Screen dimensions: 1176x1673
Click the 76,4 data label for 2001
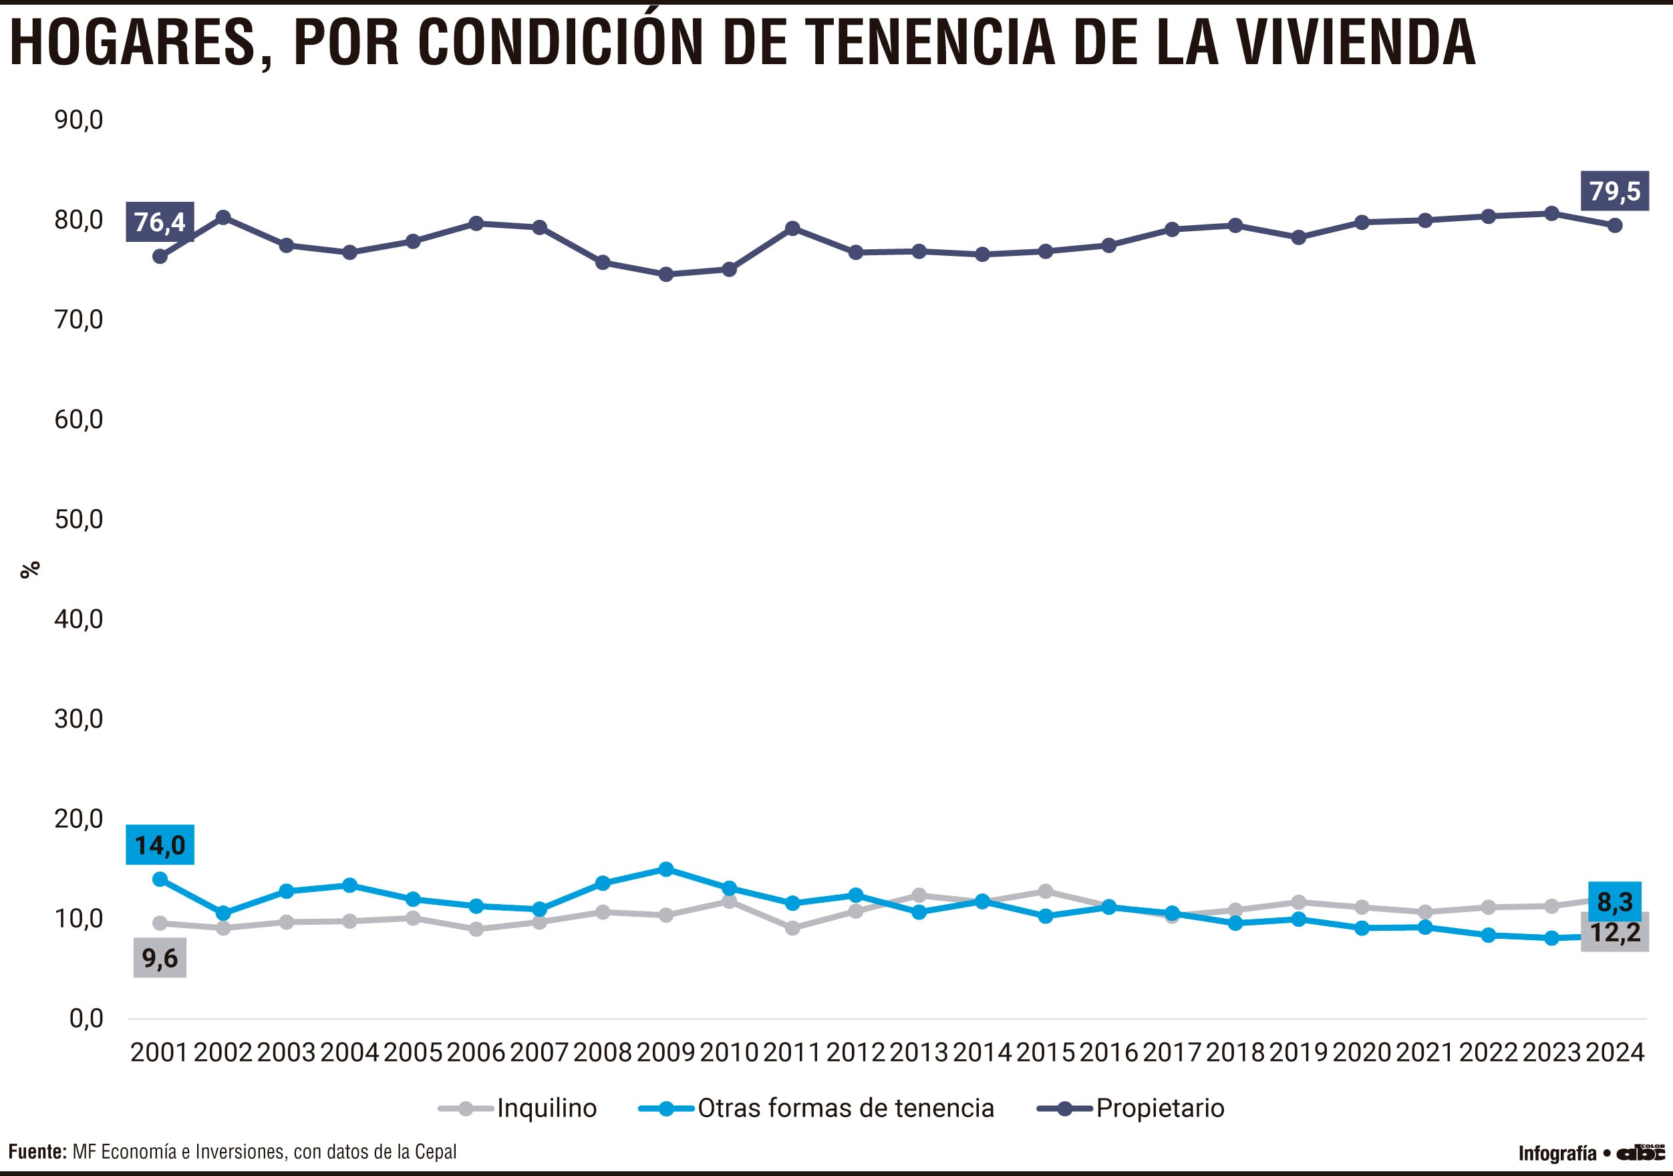pos(160,221)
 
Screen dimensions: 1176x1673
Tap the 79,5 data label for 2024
pos(1614,191)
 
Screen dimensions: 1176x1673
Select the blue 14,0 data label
pos(160,845)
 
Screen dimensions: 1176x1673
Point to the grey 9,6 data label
pos(160,958)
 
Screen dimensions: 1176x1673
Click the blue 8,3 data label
pos(1614,902)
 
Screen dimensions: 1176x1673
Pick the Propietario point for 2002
pos(223,217)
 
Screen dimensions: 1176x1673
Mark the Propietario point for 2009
pos(665,275)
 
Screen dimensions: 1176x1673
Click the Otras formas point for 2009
pos(665,869)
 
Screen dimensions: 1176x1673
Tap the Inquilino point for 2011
pos(792,928)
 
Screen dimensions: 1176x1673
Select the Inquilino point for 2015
pos(1045,891)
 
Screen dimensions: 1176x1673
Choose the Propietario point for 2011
pos(792,229)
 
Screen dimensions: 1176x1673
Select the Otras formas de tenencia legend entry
pos(816,1109)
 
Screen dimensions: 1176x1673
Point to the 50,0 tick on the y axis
pos(79,519)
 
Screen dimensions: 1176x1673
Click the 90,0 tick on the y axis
pos(79,120)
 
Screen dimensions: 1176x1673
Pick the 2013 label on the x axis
pos(918,1053)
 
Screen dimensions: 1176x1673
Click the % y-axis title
pos(30,570)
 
